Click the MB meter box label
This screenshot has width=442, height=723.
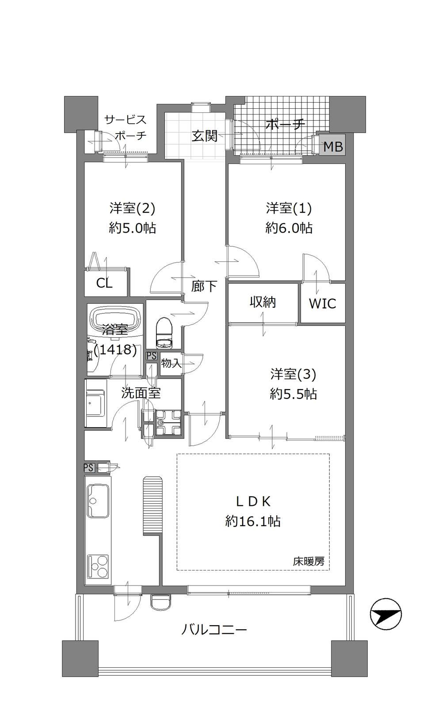(x=333, y=147)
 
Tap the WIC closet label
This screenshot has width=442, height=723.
(x=322, y=303)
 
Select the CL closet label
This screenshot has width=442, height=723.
(x=104, y=283)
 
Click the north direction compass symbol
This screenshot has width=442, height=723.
(x=385, y=614)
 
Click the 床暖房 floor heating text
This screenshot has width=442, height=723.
(x=309, y=562)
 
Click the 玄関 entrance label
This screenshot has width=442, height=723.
(x=205, y=136)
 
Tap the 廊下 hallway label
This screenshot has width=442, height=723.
(x=204, y=286)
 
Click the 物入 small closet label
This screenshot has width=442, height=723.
(x=171, y=363)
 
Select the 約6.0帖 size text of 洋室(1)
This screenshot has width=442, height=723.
(x=289, y=228)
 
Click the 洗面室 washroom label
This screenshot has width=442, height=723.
(x=141, y=393)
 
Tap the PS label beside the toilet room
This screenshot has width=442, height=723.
(x=151, y=356)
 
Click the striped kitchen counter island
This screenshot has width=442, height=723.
(x=152, y=505)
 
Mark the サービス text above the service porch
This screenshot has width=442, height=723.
(x=126, y=120)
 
